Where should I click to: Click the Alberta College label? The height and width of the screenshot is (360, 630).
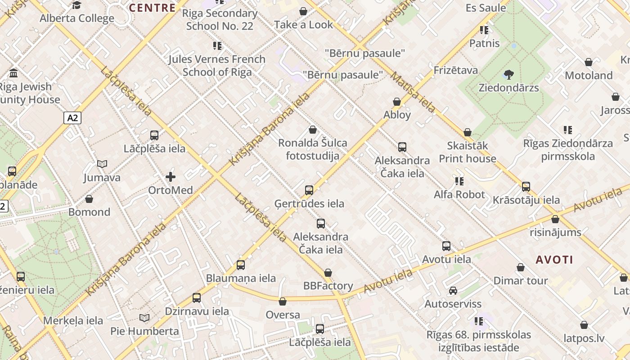77,18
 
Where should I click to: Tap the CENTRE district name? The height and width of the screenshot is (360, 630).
152,8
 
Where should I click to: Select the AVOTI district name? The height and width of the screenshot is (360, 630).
554,260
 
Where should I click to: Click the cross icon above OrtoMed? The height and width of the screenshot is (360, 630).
171,177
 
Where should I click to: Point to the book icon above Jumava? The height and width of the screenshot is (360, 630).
103,164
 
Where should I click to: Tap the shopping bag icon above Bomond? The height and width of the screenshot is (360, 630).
89,199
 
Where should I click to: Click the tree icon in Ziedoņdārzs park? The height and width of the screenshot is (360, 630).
509,74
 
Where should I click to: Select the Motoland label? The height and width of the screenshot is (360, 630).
589,75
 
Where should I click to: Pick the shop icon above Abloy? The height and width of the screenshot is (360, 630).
397,102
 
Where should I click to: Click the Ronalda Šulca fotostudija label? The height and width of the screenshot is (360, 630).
313,149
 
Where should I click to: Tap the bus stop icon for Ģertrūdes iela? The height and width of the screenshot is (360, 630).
309,190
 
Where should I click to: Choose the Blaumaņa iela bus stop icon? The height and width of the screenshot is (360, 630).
241,265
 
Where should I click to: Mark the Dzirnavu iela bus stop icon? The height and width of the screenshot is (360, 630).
197,298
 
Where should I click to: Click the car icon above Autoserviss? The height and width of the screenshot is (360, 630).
453,291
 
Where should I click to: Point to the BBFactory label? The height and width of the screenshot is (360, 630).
328,286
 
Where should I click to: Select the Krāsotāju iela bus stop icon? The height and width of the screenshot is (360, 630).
526,187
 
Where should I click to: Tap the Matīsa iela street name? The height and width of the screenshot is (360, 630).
413,93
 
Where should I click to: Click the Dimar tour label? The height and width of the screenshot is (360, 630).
521,281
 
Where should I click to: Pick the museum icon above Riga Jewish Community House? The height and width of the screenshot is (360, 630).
13,73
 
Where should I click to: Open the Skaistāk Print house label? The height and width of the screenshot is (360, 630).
468,152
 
